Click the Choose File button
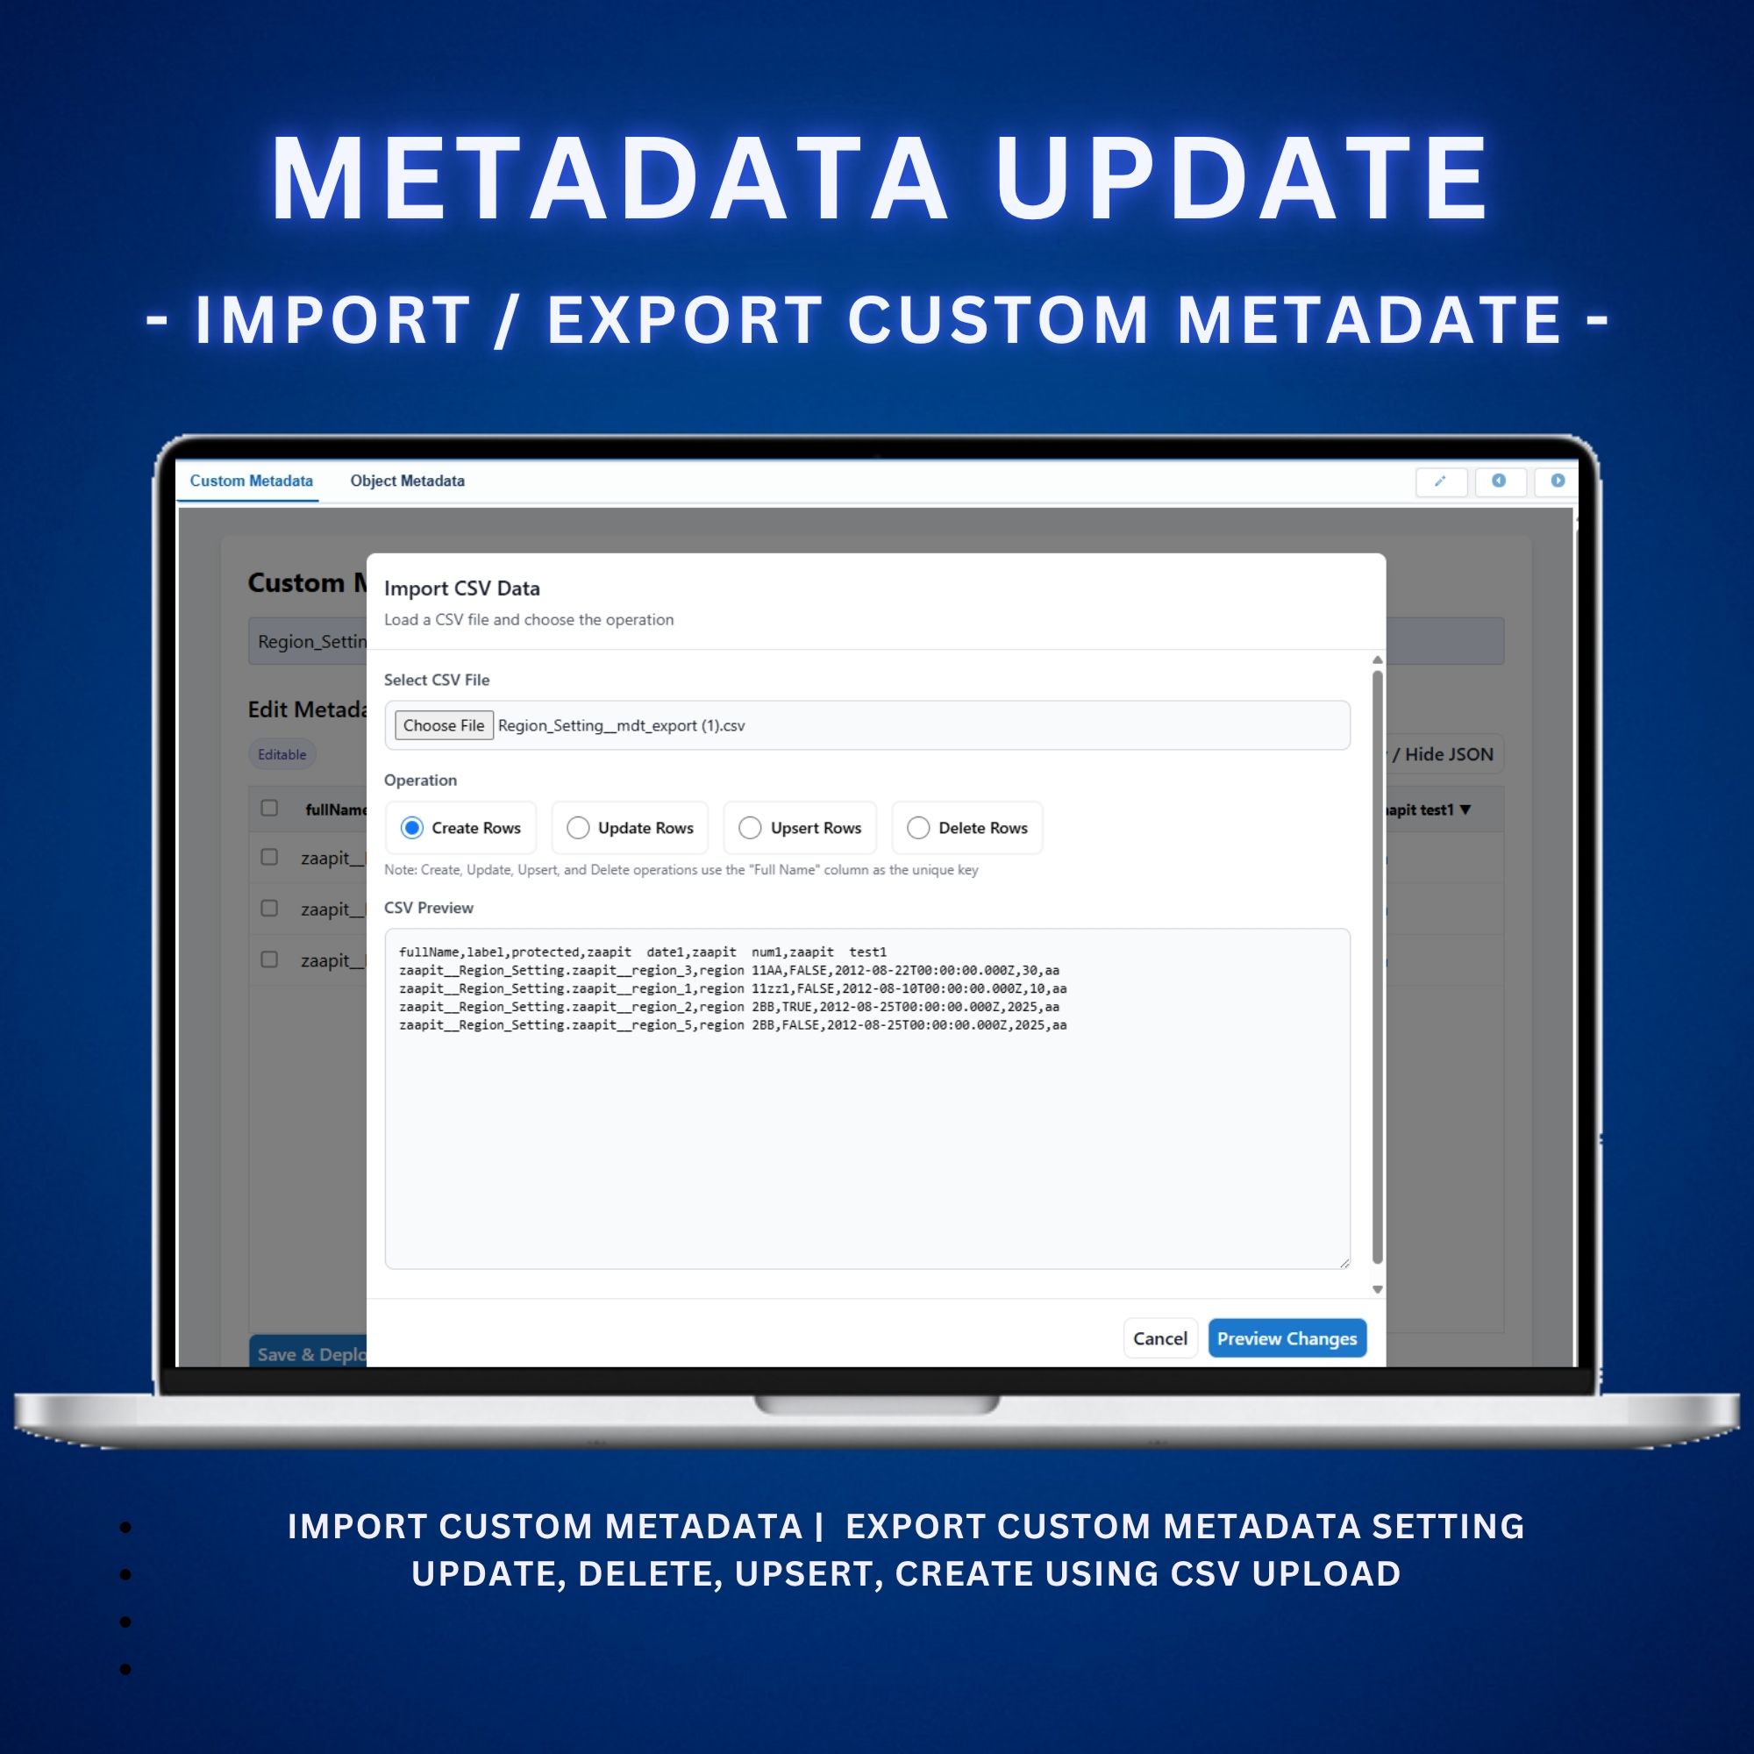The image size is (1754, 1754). (443, 725)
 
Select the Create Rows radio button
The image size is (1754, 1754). (412, 828)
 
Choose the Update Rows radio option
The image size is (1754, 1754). (578, 828)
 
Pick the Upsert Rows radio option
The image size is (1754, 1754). (750, 828)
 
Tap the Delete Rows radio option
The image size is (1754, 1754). (918, 828)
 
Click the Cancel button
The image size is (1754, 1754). (1159, 1338)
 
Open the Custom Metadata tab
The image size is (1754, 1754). (251, 481)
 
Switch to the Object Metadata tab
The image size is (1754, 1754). (407, 481)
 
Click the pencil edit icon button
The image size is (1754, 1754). (1441, 481)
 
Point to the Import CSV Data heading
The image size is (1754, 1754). (461, 588)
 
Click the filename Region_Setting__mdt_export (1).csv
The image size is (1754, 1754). (621, 725)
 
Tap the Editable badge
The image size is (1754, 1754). (282, 754)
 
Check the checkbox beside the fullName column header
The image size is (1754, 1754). (269, 808)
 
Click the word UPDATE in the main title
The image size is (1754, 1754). (1241, 178)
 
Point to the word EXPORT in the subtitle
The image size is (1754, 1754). (685, 320)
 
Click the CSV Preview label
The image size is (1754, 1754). (429, 908)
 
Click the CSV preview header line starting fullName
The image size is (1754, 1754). (642, 952)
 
